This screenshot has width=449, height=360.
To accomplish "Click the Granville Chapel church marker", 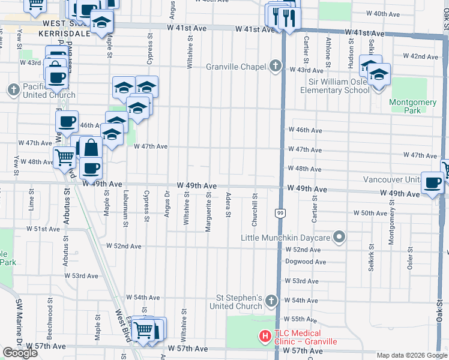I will [x=276, y=66].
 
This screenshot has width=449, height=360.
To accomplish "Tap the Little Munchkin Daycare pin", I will [x=339, y=238].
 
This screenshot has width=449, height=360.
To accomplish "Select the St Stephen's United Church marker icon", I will [x=271, y=300].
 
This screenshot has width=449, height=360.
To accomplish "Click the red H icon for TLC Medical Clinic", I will [x=264, y=338].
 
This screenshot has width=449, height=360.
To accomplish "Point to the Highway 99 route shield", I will [x=280, y=212].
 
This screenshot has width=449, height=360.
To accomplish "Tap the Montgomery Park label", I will [x=412, y=106].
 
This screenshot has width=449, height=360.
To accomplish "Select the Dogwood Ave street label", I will [x=306, y=262].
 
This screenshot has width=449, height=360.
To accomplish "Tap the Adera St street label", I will [x=229, y=206].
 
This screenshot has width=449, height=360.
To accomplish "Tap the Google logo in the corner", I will [x=20, y=353].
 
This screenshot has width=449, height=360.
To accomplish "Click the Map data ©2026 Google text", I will [x=412, y=355].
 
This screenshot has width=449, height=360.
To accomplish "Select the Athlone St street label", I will [x=328, y=52].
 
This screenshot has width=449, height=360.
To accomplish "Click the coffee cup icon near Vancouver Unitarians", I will [x=432, y=183].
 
